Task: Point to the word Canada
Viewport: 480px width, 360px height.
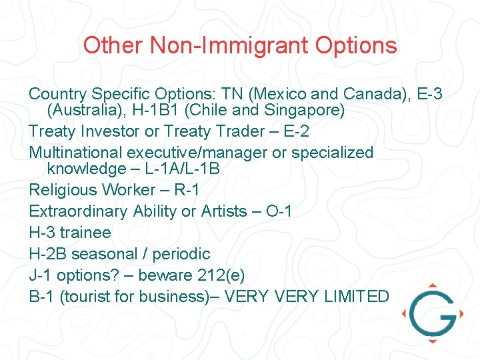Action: pos(379,94)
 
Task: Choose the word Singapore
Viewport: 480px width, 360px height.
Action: pos(303,110)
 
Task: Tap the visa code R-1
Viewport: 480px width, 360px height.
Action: pos(187,190)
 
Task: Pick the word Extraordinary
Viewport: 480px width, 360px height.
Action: pos(78,211)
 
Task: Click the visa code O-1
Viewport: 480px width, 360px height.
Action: pos(279,211)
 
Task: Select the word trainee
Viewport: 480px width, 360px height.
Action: pos(85,233)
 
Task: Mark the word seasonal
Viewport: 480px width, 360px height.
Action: pos(107,254)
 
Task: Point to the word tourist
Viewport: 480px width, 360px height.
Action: pos(85,297)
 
